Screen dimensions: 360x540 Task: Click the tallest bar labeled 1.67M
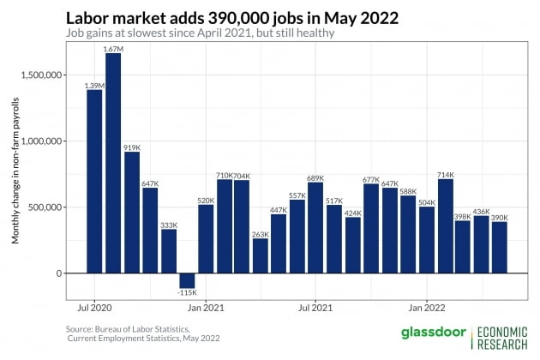point(113,163)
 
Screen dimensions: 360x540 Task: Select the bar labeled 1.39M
point(94,181)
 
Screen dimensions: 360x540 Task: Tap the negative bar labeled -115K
point(187,280)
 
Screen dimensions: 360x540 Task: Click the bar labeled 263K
point(261,255)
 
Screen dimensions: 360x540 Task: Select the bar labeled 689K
point(315,227)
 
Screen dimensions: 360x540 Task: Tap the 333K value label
point(169,225)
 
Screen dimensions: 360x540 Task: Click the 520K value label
point(206,200)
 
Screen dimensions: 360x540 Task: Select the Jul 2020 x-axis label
point(94,306)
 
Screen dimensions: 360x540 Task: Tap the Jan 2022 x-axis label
point(427,306)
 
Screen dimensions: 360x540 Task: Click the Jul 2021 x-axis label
point(315,306)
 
